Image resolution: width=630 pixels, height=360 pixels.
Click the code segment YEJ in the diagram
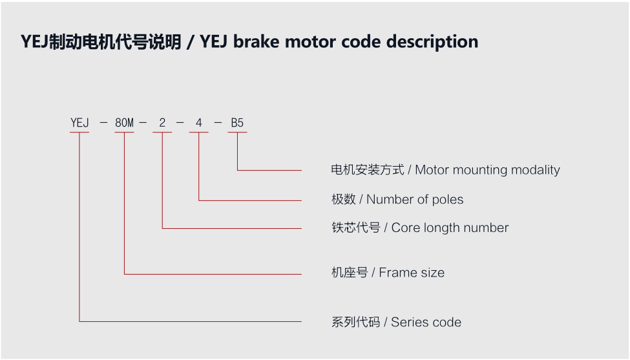click(x=79, y=122)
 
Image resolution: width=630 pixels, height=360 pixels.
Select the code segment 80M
click(x=124, y=122)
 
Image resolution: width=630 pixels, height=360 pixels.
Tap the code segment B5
click(x=237, y=122)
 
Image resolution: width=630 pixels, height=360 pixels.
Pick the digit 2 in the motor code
click(x=162, y=122)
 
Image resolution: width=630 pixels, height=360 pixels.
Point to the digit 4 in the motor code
click(x=198, y=122)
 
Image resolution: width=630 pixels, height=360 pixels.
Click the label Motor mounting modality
click(x=487, y=170)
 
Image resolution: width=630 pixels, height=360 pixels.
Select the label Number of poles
click(x=415, y=200)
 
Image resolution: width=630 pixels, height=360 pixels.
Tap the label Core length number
click(x=450, y=228)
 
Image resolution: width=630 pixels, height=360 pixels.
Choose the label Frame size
click(x=412, y=273)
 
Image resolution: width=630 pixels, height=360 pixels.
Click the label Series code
click(x=426, y=322)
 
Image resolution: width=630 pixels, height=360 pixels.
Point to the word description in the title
click(x=432, y=42)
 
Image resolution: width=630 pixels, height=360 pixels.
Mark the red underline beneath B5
click(x=237, y=133)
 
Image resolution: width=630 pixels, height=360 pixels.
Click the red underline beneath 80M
click(x=124, y=133)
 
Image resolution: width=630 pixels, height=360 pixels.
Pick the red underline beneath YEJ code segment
click(x=79, y=133)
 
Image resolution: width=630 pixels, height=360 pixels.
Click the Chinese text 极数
click(x=343, y=200)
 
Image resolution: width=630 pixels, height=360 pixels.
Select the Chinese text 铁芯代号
click(x=355, y=228)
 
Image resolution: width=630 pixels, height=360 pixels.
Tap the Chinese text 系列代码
click(x=355, y=322)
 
